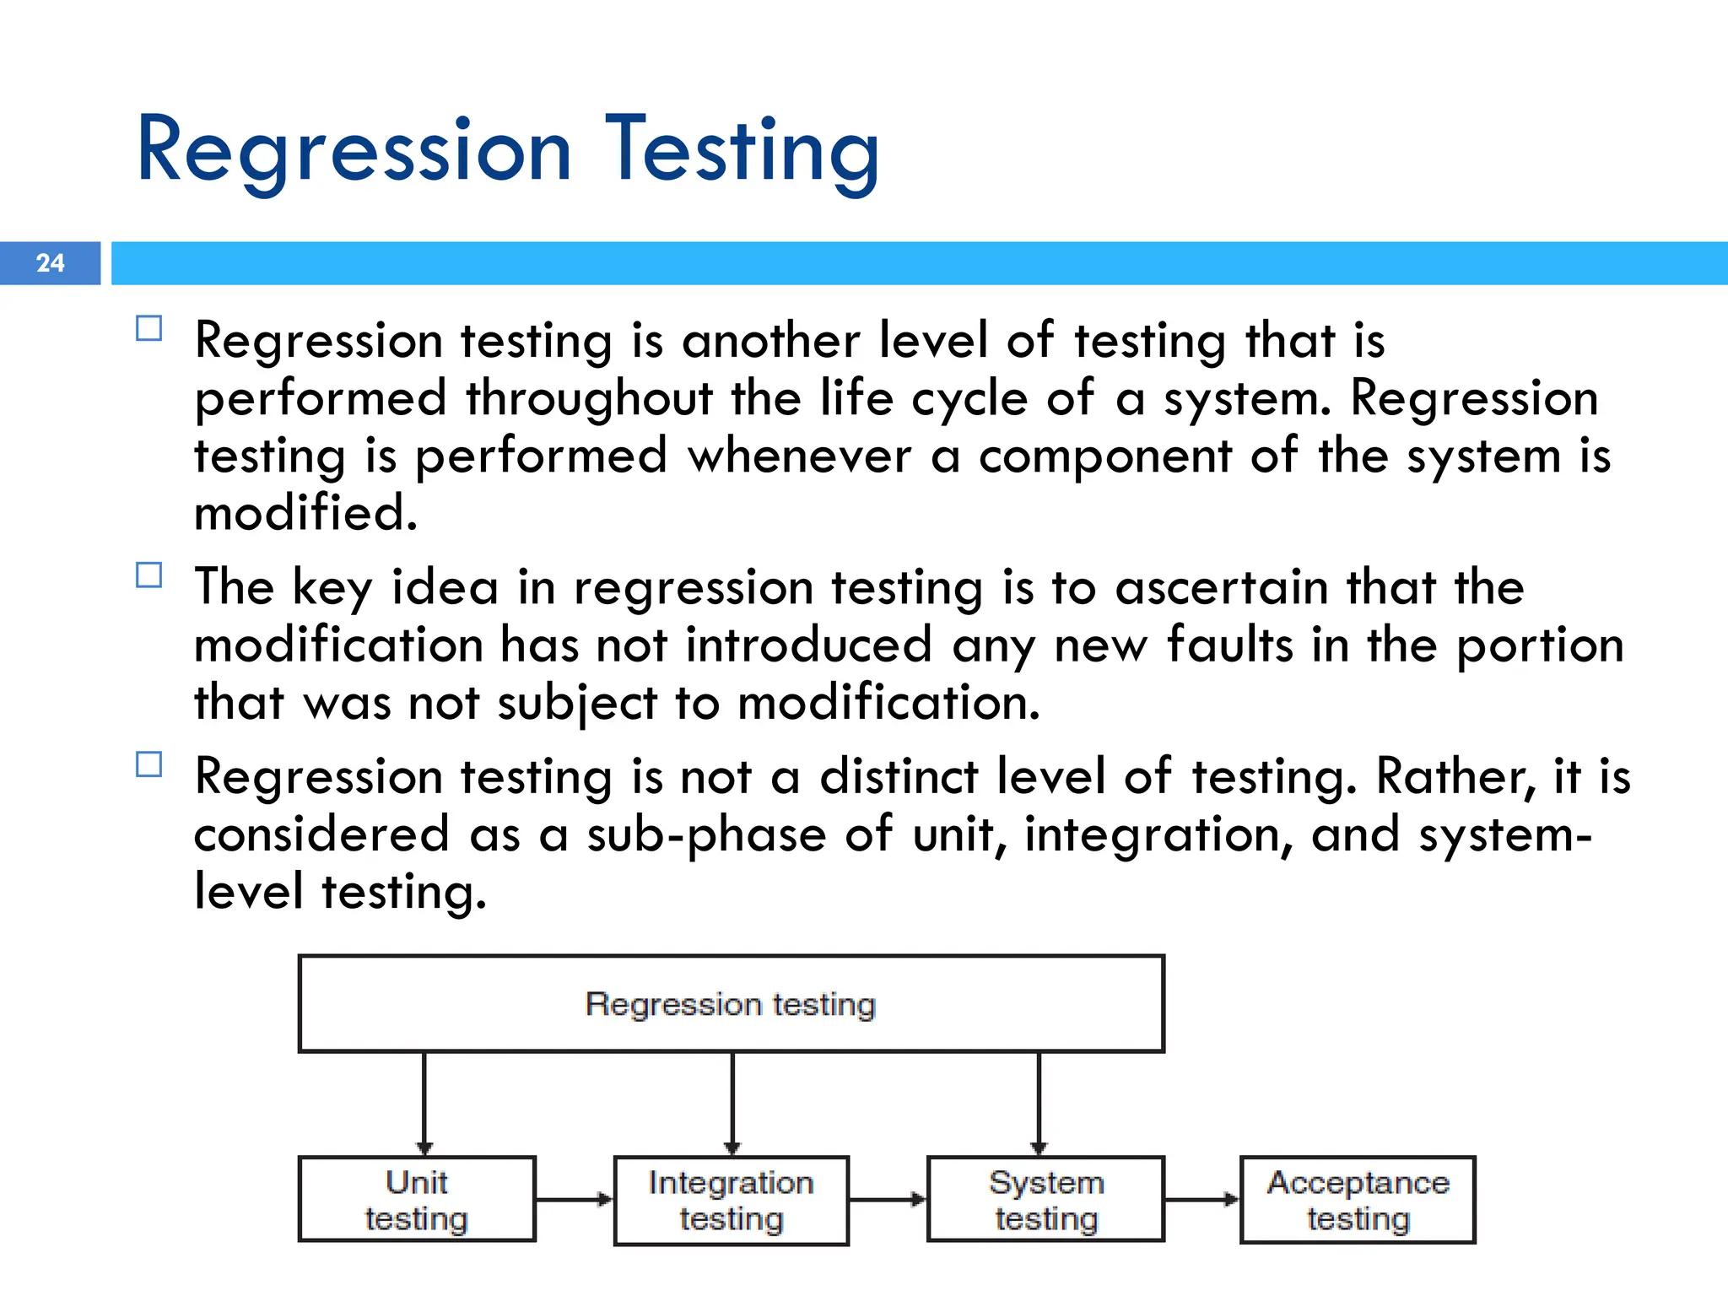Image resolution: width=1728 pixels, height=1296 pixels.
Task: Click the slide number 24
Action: click(x=50, y=263)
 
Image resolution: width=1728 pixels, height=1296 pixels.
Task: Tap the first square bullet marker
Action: click(x=148, y=328)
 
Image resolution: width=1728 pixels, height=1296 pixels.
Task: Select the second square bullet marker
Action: click(x=148, y=575)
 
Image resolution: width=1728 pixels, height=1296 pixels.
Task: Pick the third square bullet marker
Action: click(x=148, y=764)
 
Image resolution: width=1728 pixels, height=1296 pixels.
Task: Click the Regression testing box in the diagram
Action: click(x=731, y=1004)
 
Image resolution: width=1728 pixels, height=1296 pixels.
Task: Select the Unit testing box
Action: click(x=417, y=1199)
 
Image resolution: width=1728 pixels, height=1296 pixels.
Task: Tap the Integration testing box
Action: click(x=731, y=1201)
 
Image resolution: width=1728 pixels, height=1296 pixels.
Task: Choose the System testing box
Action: click(x=1045, y=1199)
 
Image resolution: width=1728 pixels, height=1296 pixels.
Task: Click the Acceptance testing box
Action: click(x=1358, y=1200)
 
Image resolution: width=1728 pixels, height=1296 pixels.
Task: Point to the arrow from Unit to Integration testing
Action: click(x=574, y=1199)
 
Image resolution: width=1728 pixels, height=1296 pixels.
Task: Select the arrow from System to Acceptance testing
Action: click(x=1201, y=1199)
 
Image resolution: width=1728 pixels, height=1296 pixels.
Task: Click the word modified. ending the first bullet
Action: click(x=305, y=513)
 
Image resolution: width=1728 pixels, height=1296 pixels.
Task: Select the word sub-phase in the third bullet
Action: click(x=706, y=834)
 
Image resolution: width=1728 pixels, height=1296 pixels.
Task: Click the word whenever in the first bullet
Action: click(x=799, y=456)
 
